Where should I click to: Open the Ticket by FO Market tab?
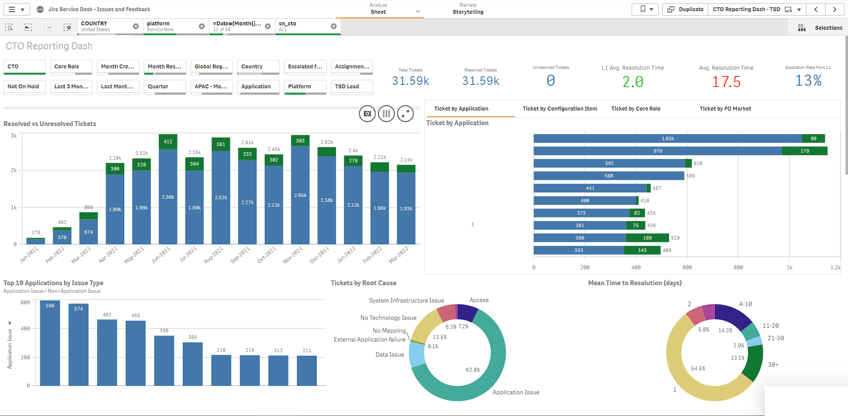(725, 108)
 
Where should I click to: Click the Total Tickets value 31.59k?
(410, 81)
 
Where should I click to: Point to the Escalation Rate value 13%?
(808, 80)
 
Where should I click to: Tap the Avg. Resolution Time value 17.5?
(726, 82)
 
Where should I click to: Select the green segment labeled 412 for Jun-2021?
(168, 142)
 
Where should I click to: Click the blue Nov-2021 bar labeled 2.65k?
(300, 195)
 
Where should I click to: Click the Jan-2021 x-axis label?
(29, 255)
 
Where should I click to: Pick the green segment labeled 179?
(804, 151)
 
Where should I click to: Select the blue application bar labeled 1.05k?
(668, 139)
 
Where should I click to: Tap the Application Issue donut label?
(516, 392)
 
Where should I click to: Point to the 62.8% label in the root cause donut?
(473, 370)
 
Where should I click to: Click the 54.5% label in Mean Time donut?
(698, 368)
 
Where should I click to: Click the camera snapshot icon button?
(367, 114)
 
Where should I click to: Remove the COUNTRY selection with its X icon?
(136, 26)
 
